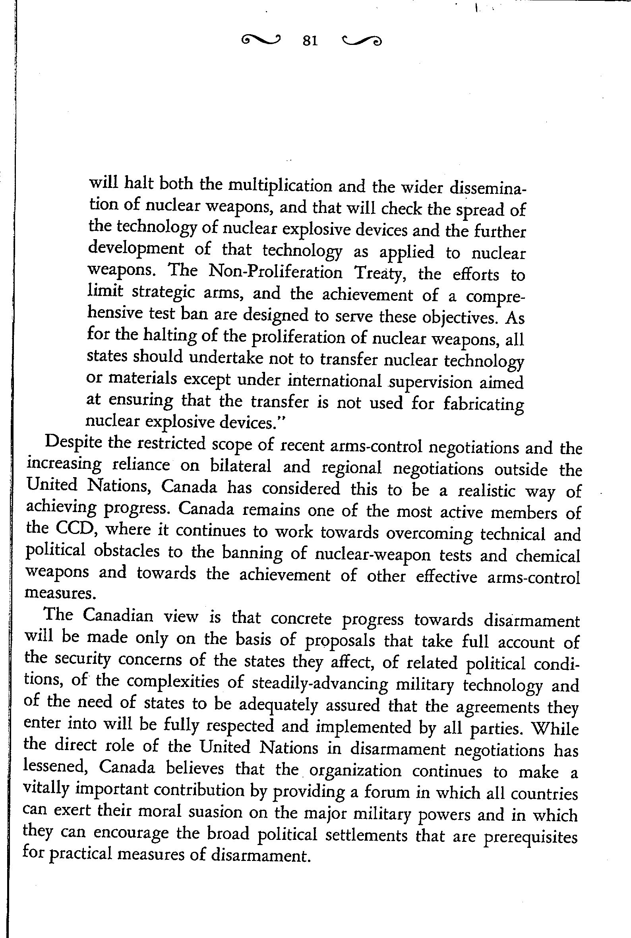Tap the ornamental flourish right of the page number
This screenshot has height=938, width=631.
[361, 41]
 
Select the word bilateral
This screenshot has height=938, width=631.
[240, 466]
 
